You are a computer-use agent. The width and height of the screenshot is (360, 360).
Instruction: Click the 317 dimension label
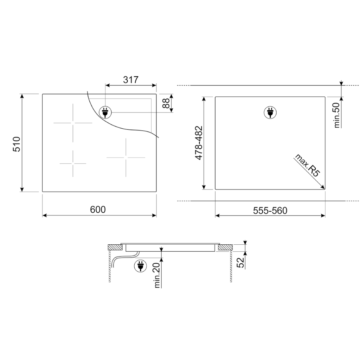131,80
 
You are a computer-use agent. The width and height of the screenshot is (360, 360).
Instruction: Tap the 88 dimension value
166,103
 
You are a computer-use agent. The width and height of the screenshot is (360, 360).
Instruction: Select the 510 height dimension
17,144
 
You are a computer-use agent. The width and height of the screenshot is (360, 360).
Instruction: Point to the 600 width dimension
98,210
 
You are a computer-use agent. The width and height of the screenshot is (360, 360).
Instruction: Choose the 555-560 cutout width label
270,210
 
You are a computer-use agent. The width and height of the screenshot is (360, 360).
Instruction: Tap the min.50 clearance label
336,115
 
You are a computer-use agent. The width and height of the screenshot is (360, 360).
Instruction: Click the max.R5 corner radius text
307,165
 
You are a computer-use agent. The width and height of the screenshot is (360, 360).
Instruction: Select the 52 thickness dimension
240,262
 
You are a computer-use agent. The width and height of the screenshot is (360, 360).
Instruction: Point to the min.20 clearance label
157,275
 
